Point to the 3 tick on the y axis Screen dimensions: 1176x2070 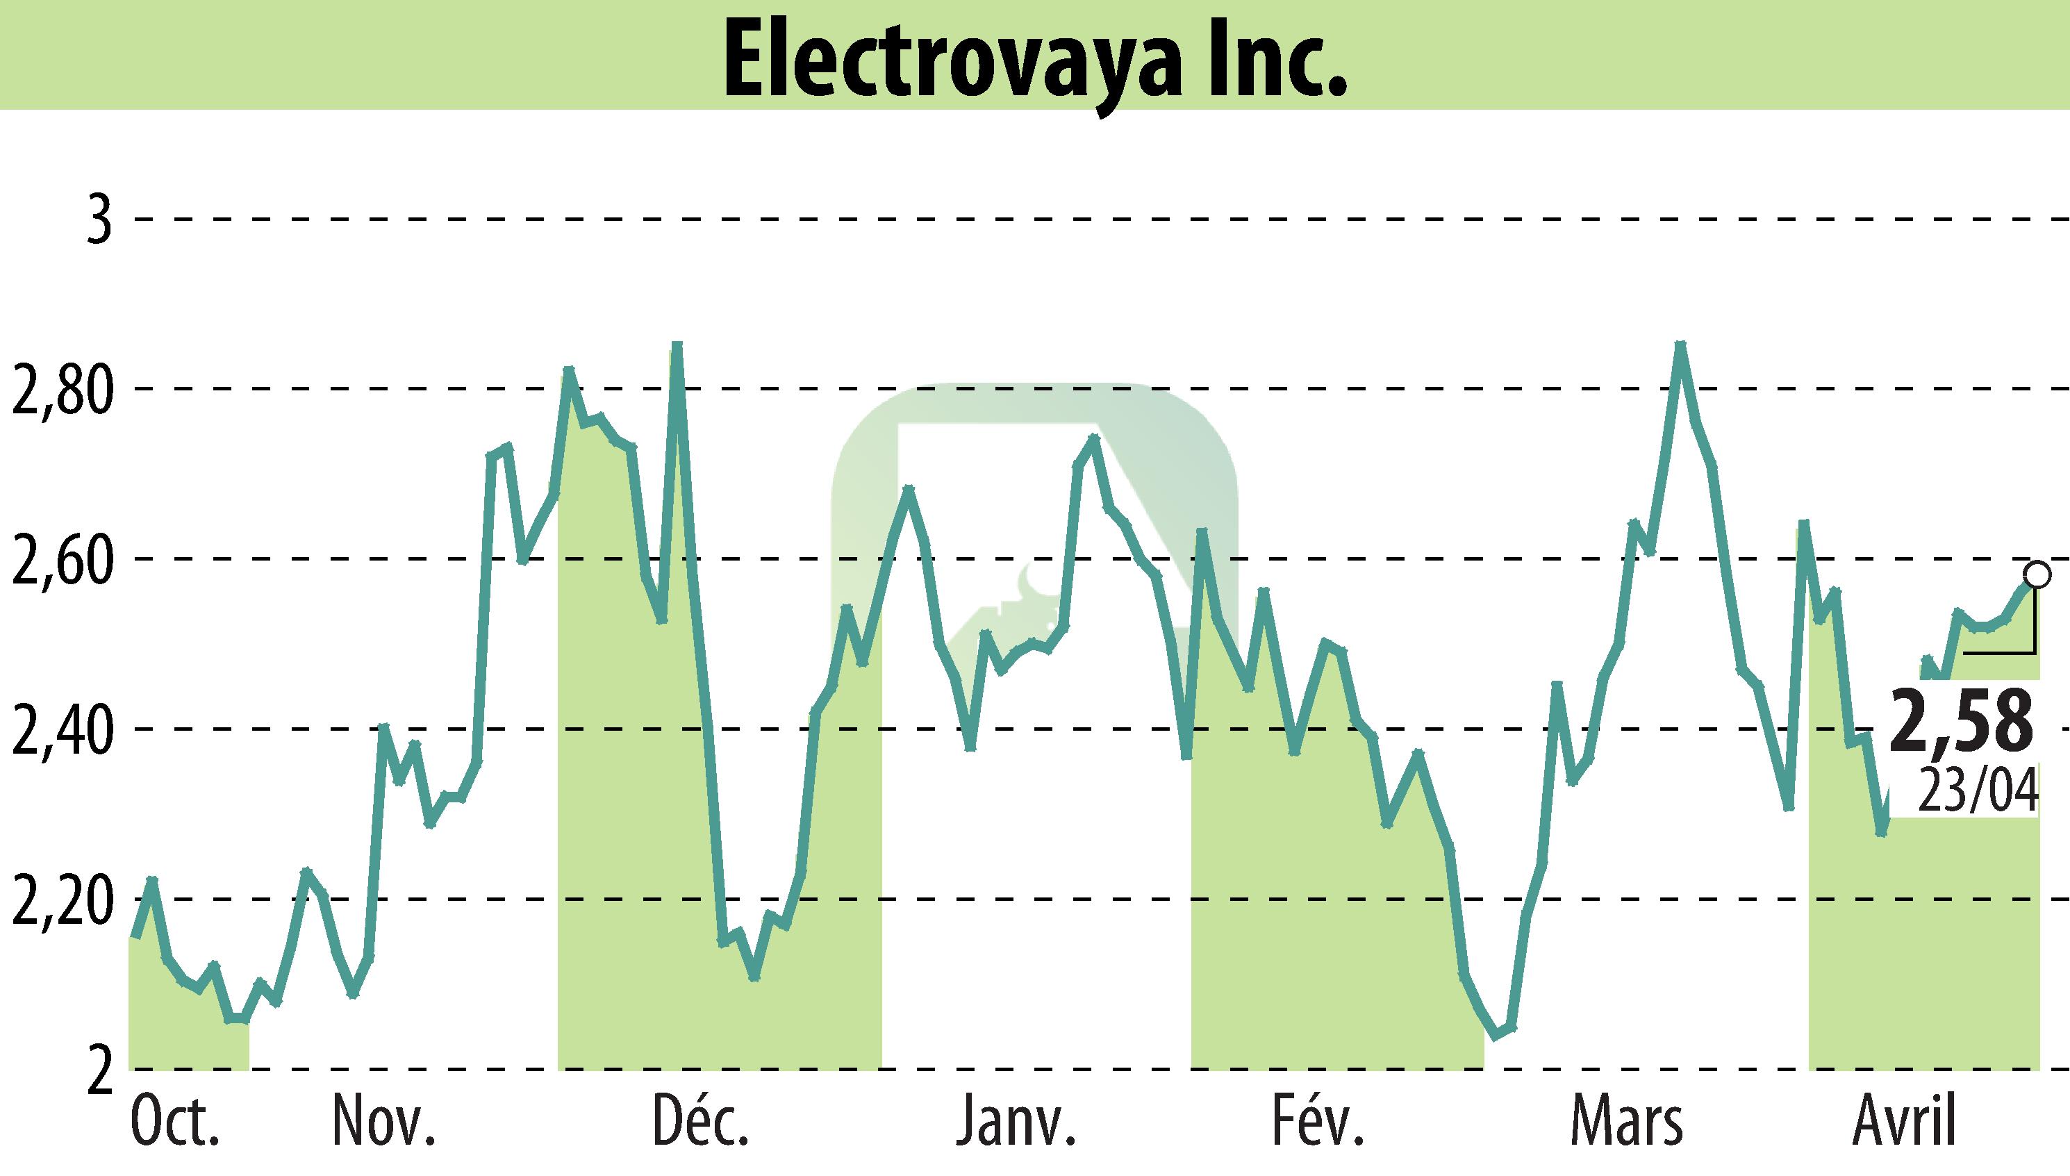(99, 219)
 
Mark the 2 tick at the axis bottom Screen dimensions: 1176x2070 (99, 1070)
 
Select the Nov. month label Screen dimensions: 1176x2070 (384, 1122)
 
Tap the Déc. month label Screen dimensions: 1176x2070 (699, 1122)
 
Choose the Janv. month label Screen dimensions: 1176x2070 (1016, 1122)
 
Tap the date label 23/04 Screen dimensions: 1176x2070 (1977, 790)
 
